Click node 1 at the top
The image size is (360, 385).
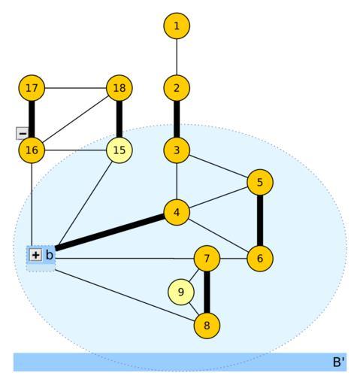[177, 26]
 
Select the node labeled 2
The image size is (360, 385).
[177, 88]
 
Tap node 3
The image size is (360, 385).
[177, 150]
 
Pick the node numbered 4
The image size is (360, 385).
[177, 212]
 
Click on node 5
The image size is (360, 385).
[260, 182]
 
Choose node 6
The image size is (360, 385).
[260, 259]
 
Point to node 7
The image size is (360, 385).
[207, 259]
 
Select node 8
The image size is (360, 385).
[207, 326]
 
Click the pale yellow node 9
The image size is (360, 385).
[181, 292]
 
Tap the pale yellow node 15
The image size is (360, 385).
[119, 150]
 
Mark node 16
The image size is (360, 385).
[32, 150]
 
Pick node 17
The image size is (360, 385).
[32, 88]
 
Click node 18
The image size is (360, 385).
[119, 88]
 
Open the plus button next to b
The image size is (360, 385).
[35, 255]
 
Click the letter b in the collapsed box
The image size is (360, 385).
[50, 255]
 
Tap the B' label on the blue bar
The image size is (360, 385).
[338, 362]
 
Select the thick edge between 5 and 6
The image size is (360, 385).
[260, 220]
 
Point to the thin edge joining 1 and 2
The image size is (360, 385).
[177, 57]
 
